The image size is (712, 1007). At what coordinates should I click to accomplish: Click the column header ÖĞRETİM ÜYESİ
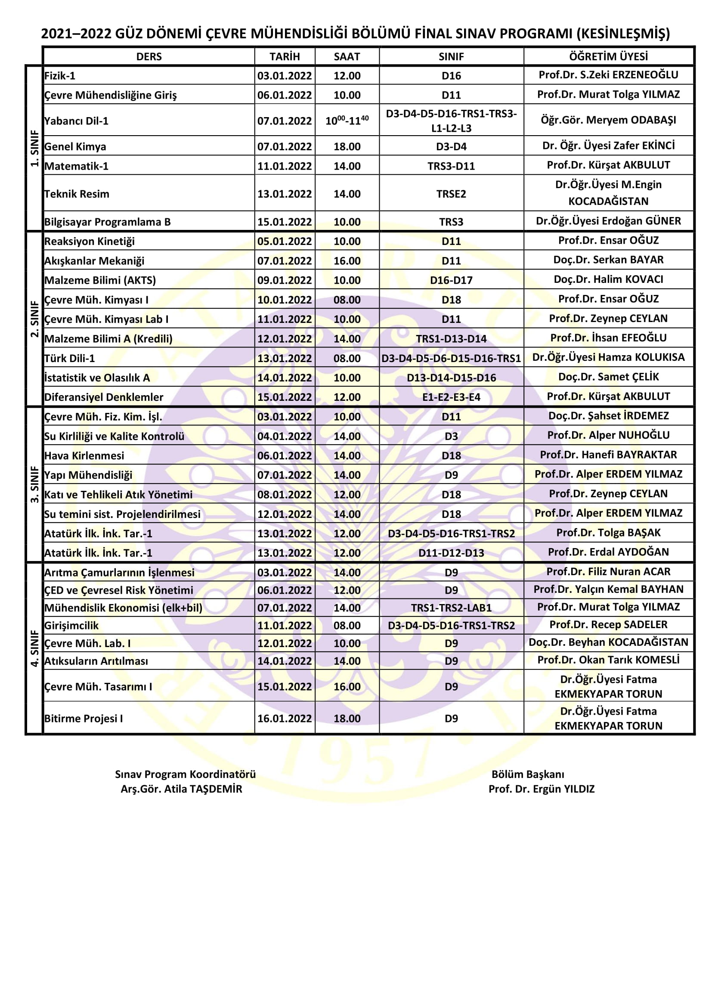pos(608,56)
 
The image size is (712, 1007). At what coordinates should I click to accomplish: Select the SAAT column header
pos(347,56)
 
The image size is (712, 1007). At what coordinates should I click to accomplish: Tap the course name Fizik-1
pos(60,76)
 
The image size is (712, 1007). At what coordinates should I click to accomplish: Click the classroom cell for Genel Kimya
pos(451,146)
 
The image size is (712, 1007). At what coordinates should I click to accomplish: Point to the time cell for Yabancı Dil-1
pos(347,121)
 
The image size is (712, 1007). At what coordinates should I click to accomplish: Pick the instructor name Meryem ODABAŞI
pos(608,120)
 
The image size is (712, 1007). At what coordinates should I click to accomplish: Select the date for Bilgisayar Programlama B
pos(285,222)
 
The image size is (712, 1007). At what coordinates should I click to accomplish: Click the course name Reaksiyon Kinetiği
pos(90,241)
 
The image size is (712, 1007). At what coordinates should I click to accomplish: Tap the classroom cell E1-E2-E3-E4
pos(451,397)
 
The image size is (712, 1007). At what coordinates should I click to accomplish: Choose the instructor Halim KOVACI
pos(608,279)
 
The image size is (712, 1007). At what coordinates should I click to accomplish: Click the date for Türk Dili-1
pos(285,358)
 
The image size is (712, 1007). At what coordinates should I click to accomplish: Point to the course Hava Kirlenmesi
pos(84,455)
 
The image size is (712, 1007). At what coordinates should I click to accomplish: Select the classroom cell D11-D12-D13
pos(451,553)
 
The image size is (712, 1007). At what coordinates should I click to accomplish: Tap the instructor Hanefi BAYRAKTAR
pos(608,455)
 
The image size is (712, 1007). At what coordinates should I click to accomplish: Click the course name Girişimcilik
pos(71,626)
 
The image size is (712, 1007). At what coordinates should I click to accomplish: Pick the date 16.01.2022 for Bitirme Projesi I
pos(285,719)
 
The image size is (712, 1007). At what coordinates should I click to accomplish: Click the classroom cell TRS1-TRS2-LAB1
pos(451,608)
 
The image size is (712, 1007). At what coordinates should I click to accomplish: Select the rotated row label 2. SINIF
pos(34,319)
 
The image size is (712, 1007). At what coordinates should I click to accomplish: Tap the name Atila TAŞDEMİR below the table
pos(182,789)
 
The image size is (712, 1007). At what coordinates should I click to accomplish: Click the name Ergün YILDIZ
pos(542,789)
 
